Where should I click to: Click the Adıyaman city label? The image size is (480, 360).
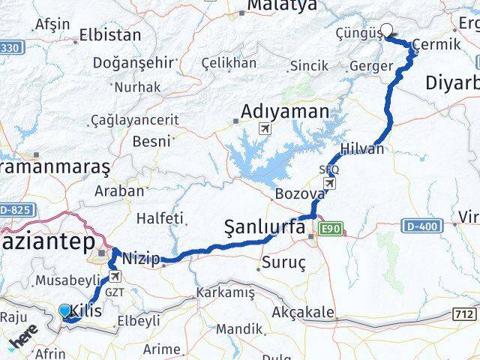[x=285, y=112]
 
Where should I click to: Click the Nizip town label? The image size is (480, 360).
[x=141, y=259]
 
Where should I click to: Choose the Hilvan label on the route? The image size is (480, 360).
[x=361, y=148]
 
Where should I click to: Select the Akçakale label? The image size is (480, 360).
[x=303, y=310]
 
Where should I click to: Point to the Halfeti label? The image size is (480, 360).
[x=160, y=218]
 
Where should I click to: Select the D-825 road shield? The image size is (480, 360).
[x=16, y=209]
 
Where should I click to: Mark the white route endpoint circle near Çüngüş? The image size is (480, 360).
[x=387, y=31]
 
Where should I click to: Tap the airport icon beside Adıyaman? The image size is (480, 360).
[x=263, y=129]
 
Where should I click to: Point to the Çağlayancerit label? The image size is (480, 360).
[x=133, y=119]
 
